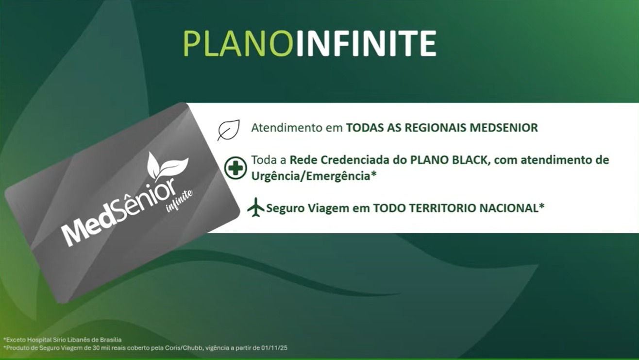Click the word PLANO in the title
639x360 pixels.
point(238,44)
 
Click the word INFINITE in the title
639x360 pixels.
point(366,44)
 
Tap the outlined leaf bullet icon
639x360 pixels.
point(229,130)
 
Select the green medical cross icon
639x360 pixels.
point(235,168)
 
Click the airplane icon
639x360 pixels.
point(255,207)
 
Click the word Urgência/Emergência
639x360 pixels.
point(311,176)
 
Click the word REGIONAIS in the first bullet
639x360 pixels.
point(435,128)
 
